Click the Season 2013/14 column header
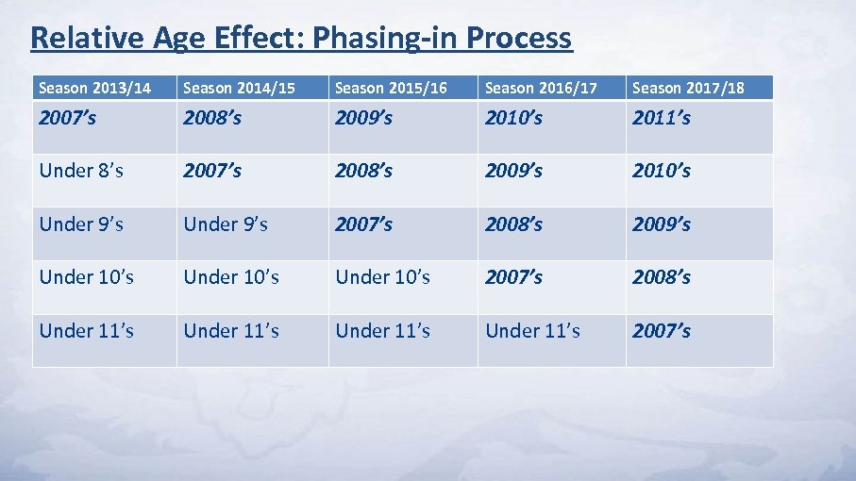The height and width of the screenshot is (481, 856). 93,88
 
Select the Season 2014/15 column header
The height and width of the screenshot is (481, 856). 239,88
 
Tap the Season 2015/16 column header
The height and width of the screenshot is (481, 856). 392,88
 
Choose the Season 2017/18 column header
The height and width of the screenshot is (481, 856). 688,88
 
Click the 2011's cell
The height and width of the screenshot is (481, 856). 662,118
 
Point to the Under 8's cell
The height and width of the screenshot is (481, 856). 81,171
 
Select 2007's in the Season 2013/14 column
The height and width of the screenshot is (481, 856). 68,118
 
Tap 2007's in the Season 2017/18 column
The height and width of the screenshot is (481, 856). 662,331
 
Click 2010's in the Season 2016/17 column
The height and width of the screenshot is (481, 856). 513,118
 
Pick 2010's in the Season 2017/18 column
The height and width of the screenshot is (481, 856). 662,171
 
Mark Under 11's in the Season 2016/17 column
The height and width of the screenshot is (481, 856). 532,331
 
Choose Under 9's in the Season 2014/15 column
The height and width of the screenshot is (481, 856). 226,224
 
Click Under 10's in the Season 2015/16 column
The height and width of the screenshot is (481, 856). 383,277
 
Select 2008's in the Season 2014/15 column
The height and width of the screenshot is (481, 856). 212,118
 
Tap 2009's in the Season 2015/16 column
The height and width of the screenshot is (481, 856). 364,118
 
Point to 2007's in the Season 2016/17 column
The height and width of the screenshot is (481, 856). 513,277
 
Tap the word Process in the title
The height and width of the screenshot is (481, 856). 519,38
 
